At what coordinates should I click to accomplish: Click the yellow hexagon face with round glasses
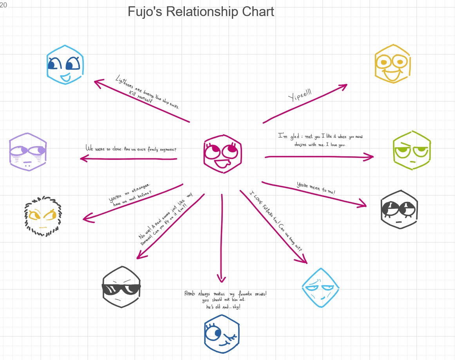(x=392, y=64)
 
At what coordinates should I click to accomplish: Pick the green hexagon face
(x=412, y=150)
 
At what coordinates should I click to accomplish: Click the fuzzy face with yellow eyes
(x=42, y=216)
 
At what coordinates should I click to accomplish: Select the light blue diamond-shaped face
(x=321, y=288)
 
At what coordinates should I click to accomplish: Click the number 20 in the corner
(x=4, y=5)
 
